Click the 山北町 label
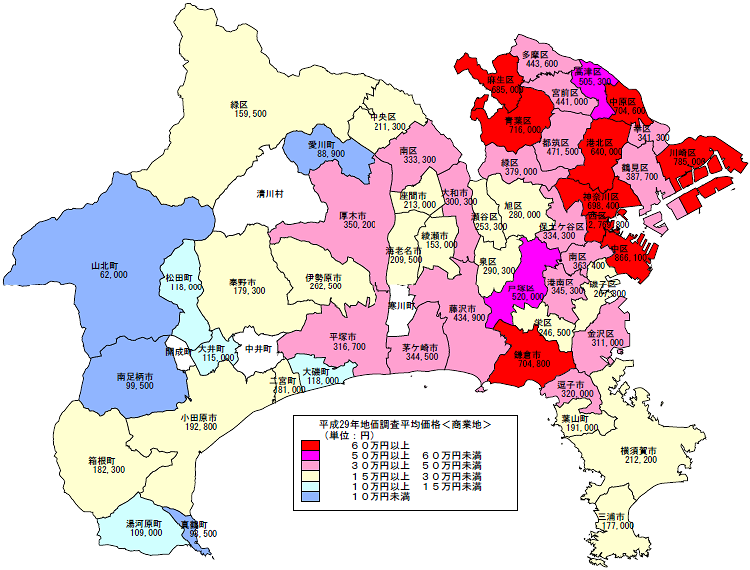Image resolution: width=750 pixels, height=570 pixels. [x=105, y=266]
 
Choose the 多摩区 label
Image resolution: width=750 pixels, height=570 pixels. [x=540, y=53]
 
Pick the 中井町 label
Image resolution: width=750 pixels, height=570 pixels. [x=258, y=349]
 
